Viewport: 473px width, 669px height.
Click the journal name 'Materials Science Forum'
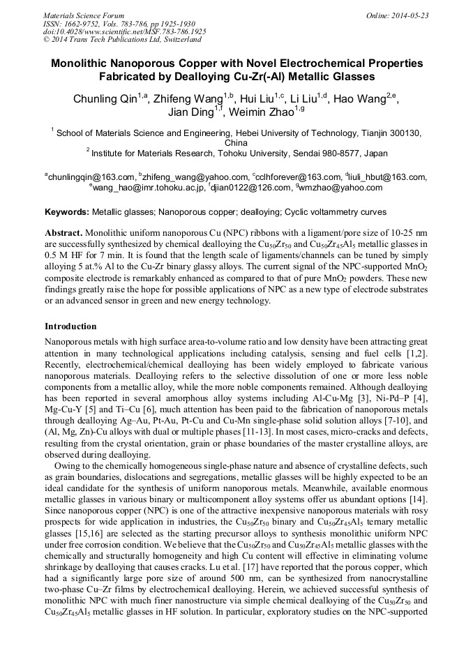point(84,15)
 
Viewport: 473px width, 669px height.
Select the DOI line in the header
point(125,31)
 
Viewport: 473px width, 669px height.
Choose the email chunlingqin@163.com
point(91,177)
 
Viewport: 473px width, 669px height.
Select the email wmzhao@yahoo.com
point(340,187)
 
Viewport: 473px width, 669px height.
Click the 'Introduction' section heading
point(70,326)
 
